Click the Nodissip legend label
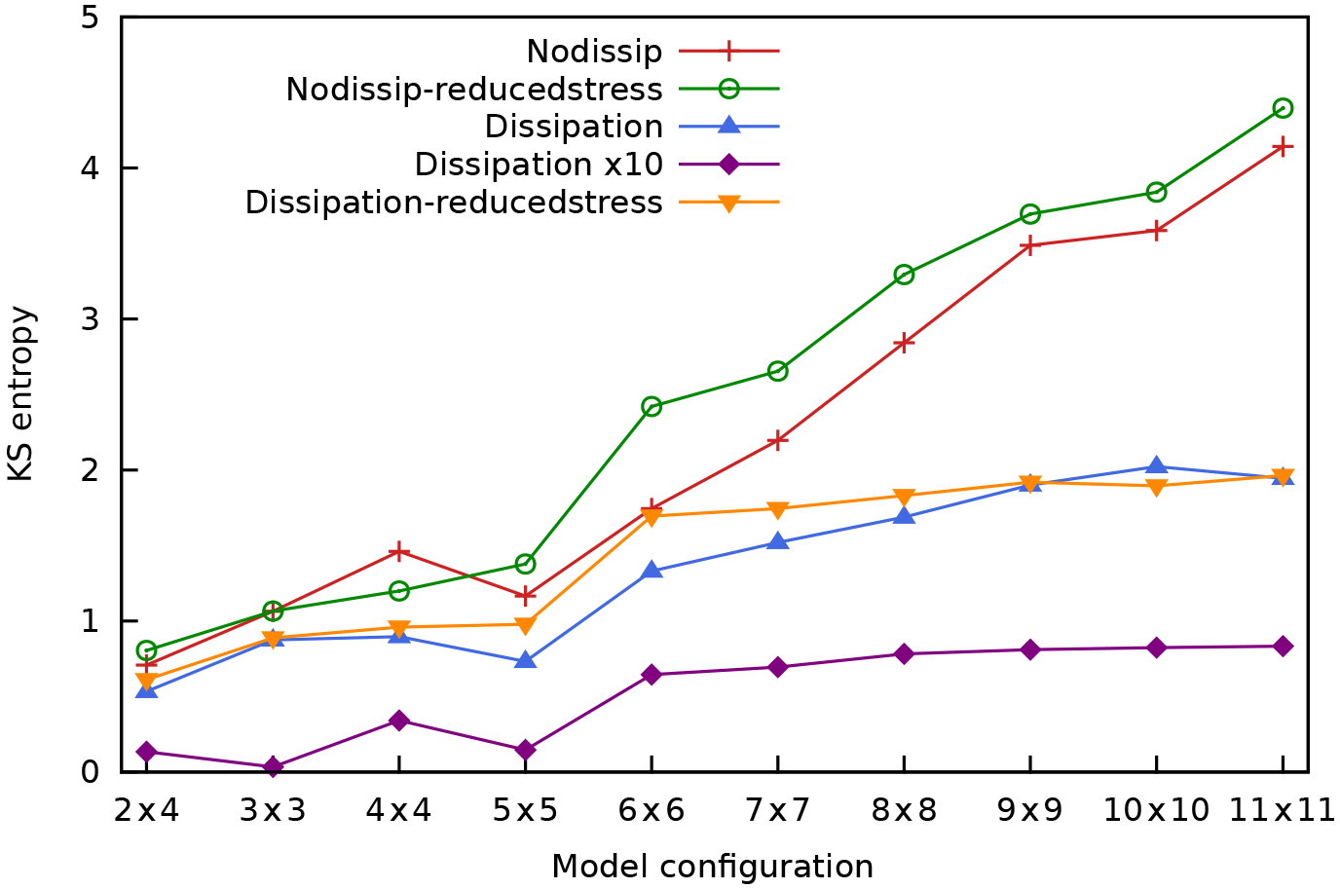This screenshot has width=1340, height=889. coord(594,51)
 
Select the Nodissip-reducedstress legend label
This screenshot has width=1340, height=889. coord(474,89)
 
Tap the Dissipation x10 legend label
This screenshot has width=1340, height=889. coord(539,165)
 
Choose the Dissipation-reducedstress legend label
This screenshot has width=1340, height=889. coord(454,203)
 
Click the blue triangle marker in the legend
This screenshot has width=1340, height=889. coord(728,126)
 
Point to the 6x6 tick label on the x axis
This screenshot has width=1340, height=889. coord(651,810)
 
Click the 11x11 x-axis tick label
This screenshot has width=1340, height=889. coord(1282,810)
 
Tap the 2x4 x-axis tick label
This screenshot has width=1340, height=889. coord(147,810)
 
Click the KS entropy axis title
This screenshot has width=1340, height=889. coord(21,393)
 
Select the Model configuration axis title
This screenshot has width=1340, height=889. coord(712,866)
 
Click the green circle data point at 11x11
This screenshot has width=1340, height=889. coord(1283,108)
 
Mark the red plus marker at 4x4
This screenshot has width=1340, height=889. coord(398,552)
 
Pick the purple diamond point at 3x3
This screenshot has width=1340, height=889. coord(273,766)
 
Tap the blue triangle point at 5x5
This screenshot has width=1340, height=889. coord(525,660)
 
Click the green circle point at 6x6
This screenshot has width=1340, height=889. coord(651,406)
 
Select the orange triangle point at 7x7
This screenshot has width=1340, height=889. coord(777,509)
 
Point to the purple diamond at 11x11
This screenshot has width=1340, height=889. coord(1283,646)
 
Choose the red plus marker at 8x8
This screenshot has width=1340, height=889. coord(904,343)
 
